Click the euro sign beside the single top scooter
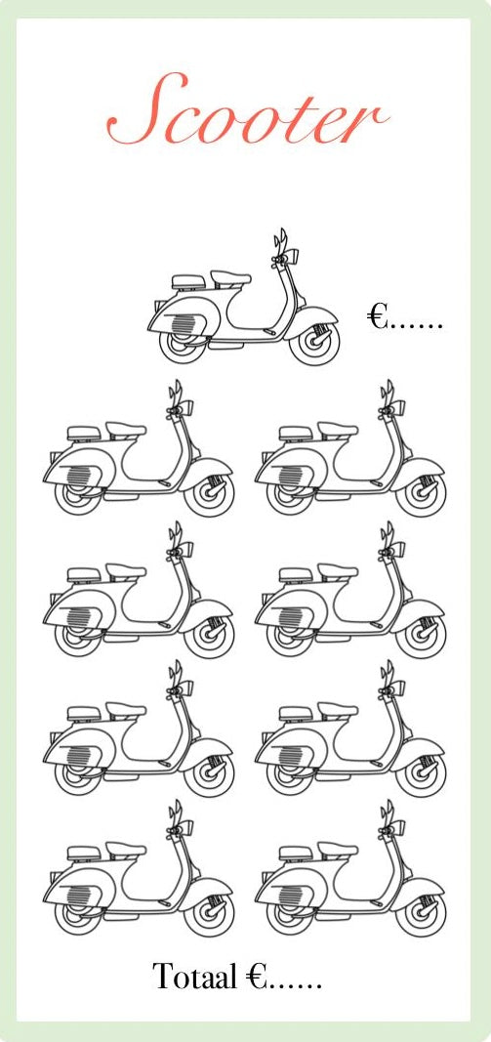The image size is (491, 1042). [x=378, y=316]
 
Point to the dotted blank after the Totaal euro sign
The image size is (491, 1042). [x=295, y=981]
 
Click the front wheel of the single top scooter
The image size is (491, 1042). [x=315, y=344]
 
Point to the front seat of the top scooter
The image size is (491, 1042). [x=230, y=277]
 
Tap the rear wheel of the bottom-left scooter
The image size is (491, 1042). [x=77, y=916]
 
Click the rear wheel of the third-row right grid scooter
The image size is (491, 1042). [x=289, y=776]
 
